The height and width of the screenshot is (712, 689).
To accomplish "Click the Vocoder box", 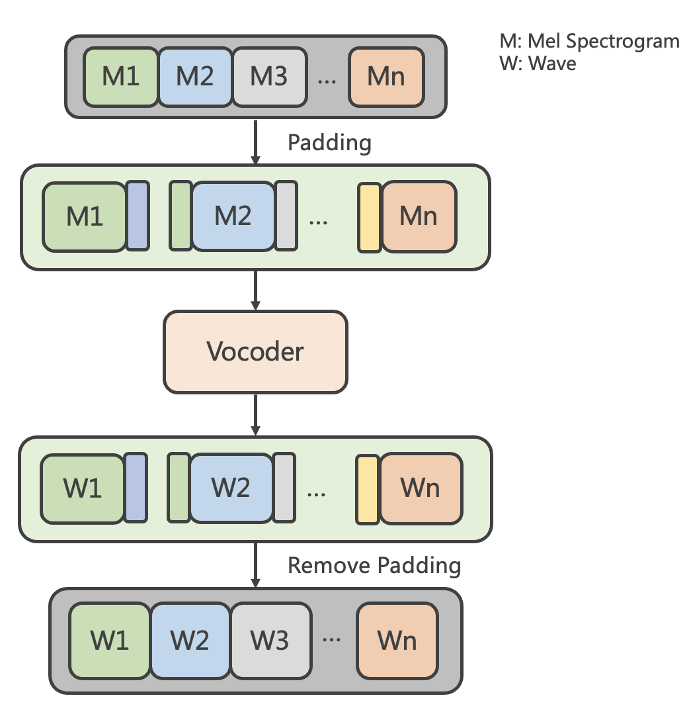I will click(255, 351).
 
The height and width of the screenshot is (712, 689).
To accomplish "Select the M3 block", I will click(269, 76).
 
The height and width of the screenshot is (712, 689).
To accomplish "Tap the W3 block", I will click(270, 641).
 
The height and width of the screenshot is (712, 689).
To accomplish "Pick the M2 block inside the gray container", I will click(195, 76).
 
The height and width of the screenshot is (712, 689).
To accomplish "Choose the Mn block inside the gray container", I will click(386, 76).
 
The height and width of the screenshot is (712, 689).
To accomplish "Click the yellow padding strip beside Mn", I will click(370, 218).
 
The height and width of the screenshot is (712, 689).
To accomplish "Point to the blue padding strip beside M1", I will click(138, 216).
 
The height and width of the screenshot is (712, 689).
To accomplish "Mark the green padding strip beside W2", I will click(179, 488).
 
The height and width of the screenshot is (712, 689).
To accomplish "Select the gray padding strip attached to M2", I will click(286, 216).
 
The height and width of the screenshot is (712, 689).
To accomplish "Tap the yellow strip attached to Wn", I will click(367, 490).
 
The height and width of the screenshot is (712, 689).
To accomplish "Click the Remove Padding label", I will click(374, 566).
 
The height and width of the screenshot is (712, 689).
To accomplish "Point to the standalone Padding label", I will click(329, 143).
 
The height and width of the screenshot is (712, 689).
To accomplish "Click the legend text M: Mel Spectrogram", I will click(589, 42).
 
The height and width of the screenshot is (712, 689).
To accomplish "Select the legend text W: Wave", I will click(538, 64).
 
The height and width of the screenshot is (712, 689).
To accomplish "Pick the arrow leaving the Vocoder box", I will click(255, 414).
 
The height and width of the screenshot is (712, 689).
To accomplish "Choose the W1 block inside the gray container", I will click(110, 641).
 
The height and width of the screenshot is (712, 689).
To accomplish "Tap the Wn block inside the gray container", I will click(397, 641).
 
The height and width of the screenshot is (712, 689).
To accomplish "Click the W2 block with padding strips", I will click(231, 488).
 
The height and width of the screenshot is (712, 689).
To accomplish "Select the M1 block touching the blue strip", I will click(85, 216).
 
